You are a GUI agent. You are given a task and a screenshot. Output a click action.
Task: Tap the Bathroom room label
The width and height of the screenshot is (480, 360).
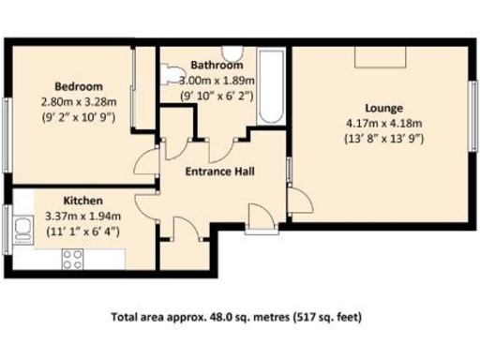[217, 66]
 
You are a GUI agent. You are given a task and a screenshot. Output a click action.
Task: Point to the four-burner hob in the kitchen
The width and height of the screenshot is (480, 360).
[73, 255]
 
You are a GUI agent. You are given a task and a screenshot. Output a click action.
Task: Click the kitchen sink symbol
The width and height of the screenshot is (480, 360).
[22, 228]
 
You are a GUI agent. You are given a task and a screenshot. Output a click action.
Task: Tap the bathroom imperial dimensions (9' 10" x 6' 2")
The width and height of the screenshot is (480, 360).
[217, 95]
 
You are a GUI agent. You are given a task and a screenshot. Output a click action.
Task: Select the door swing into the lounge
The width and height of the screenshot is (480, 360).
[300, 198]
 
